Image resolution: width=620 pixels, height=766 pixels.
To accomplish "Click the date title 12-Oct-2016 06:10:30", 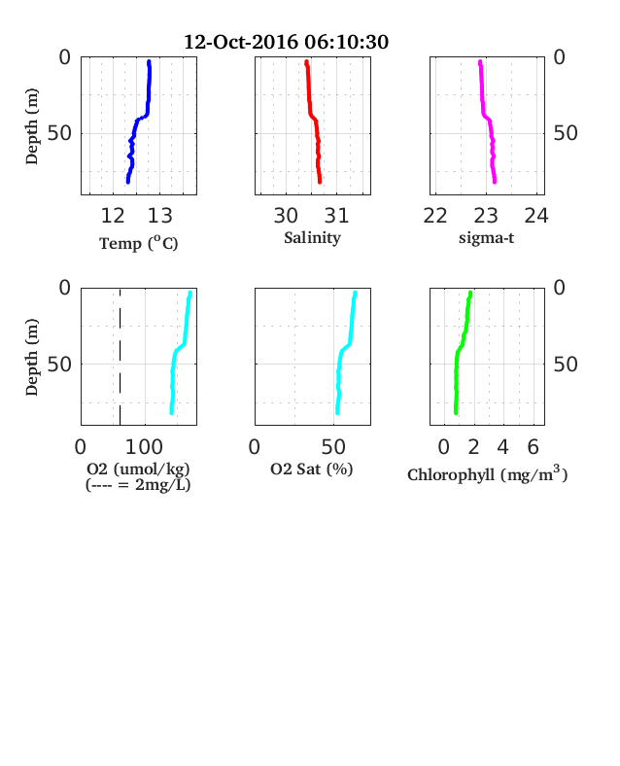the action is point(286,42).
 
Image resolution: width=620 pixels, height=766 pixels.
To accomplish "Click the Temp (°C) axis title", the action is point(139,243).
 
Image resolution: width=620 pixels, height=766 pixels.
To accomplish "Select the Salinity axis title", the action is point(313,238).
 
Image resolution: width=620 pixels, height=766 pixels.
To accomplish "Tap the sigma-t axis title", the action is point(486,238).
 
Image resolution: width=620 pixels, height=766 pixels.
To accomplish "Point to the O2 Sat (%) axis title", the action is point(312,470).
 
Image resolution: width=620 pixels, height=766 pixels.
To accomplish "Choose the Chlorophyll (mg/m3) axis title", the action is point(488,473).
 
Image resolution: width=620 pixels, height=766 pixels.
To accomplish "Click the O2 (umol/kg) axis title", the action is point(138,469).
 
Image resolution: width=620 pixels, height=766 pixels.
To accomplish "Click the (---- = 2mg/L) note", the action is point(138,485).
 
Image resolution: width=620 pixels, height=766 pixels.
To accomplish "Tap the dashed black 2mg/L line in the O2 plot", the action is point(121,357).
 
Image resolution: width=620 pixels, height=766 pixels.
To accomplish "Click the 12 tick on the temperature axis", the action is point(113,216).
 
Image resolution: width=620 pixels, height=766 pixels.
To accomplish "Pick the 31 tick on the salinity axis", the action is point(337,216).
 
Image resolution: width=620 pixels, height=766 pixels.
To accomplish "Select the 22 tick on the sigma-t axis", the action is point(435,216).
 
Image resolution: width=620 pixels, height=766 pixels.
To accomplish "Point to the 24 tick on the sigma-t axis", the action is point(536,216).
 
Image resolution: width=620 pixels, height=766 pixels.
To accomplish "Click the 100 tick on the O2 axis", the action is point(144,446).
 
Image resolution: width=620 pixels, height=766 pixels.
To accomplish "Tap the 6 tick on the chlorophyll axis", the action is point(534,446).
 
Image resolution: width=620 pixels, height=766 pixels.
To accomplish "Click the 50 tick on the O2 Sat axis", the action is point(333,446).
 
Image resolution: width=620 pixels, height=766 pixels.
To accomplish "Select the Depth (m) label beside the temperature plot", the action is point(31,126).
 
